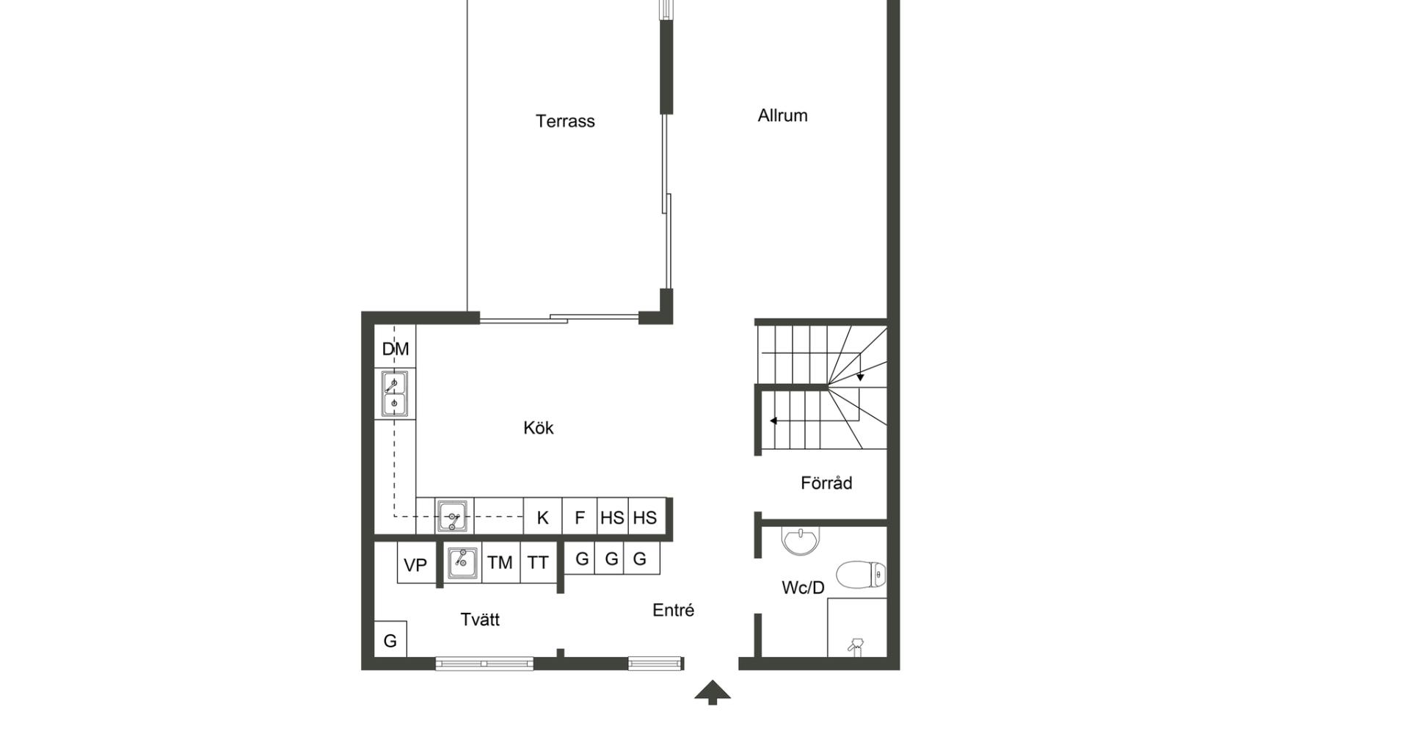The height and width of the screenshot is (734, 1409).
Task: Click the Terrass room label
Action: (565, 121)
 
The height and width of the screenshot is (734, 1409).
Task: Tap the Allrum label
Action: (782, 115)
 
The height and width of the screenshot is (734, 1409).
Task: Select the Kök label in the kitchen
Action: (539, 428)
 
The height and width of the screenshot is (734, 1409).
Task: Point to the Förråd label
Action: (826, 483)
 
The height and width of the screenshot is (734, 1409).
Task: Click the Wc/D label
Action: (803, 587)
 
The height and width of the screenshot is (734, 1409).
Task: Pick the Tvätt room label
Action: (480, 619)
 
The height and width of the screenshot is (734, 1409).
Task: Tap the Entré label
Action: (673, 610)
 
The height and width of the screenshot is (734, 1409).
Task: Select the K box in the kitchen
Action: (542, 517)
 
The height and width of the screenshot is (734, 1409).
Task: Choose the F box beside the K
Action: (580, 517)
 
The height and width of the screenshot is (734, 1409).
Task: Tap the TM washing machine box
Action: (500, 563)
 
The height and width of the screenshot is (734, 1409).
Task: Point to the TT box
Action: (539, 563)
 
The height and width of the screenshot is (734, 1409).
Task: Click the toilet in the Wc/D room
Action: (861, 575)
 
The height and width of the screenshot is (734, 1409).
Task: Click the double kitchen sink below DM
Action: (395, 393)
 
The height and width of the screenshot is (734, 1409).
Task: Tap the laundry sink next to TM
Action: (462, 562)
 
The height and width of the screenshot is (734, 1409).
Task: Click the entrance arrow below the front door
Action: (713, 693)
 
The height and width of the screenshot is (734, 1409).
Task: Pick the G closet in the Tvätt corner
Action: (390, 639)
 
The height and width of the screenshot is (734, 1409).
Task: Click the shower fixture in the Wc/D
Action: (856, 646)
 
